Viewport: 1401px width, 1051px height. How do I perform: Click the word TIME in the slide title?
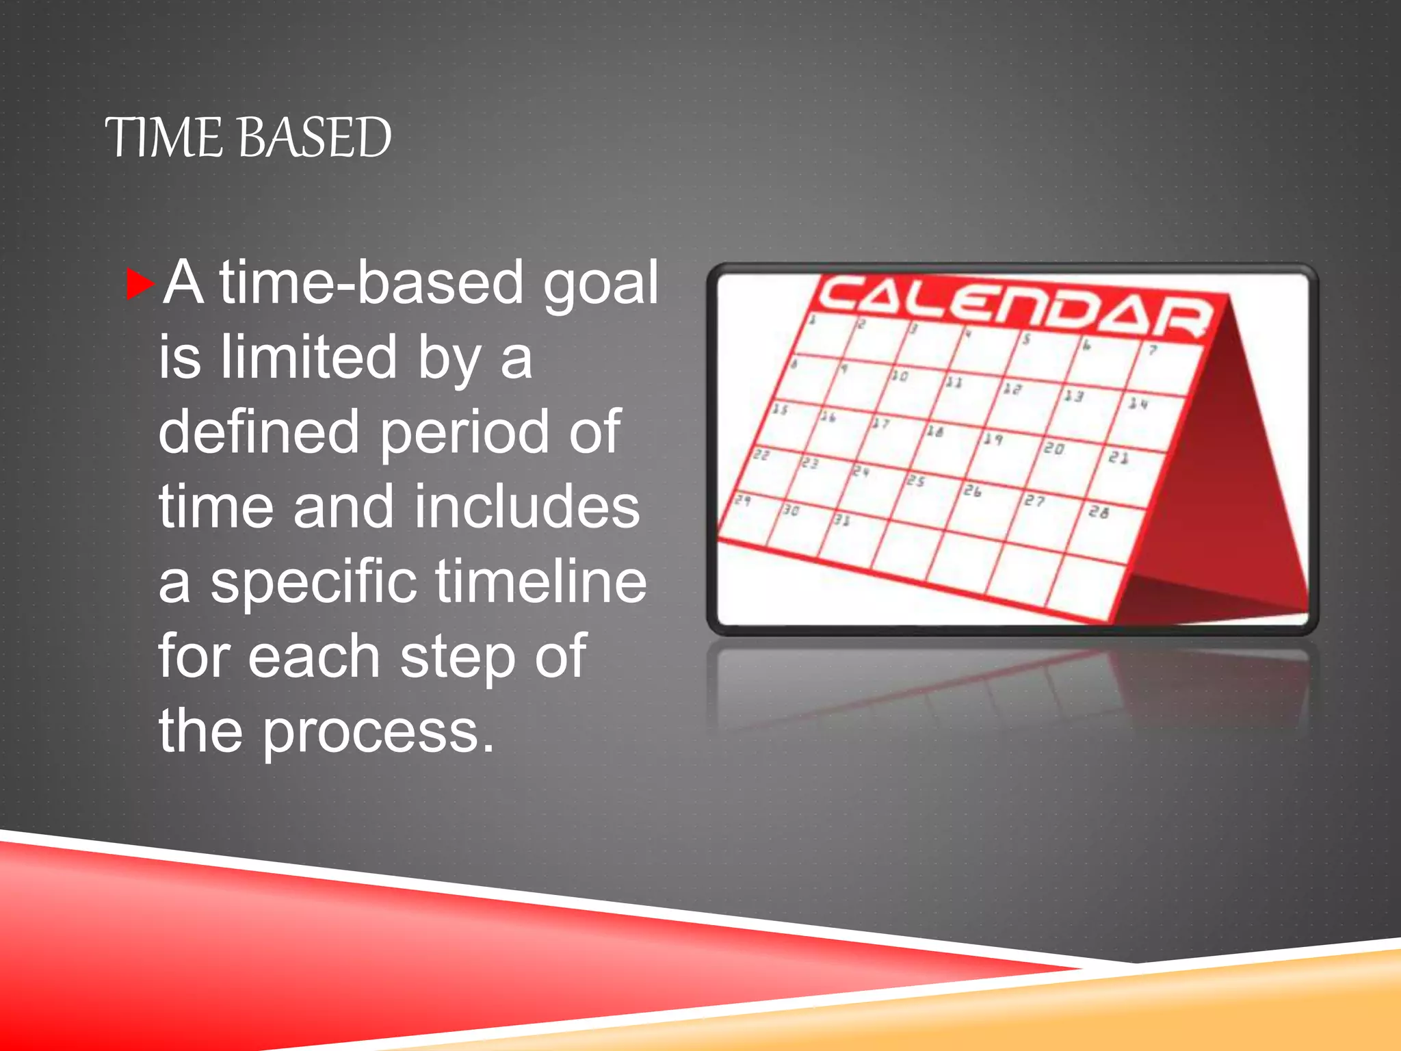[x=163, y=138]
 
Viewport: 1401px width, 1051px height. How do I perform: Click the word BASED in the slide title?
[x=315, y=138]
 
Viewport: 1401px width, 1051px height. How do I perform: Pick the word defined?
[x=259, y=432]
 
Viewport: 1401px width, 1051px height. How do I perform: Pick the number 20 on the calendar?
[x=1053, y=448]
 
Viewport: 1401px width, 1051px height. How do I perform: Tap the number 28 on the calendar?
[x=1099, y=511]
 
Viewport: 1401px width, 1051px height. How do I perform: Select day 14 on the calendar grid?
[x=1138, y=404]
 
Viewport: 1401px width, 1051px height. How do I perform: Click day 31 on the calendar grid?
[x=841, y=520]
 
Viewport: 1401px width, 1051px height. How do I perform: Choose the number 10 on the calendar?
[x=899, y=376]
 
